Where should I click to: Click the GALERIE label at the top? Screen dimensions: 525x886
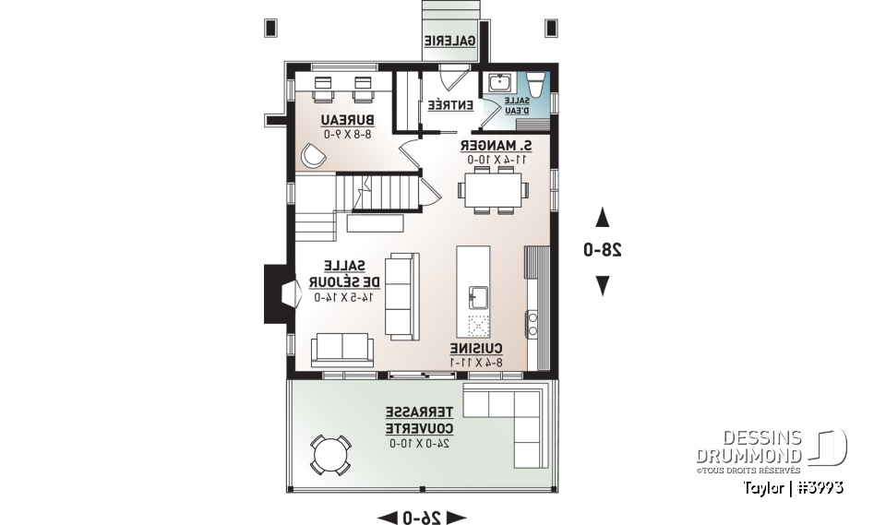(450, 41)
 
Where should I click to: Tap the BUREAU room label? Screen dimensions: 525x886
(347, 121)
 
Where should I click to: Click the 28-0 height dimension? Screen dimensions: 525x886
(602, 250)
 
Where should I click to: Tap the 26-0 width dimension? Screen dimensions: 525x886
(423, 517)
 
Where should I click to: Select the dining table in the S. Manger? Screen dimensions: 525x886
(493, 190)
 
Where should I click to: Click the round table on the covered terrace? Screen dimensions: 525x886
(329, 454)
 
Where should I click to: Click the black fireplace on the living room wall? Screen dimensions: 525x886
(278, 293)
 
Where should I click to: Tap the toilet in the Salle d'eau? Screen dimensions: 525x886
(539, 84)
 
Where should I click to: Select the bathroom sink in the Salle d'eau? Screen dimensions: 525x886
(497, 83)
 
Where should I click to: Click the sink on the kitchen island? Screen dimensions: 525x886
(478, 297)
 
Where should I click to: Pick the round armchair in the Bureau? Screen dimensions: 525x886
(313, 156)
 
